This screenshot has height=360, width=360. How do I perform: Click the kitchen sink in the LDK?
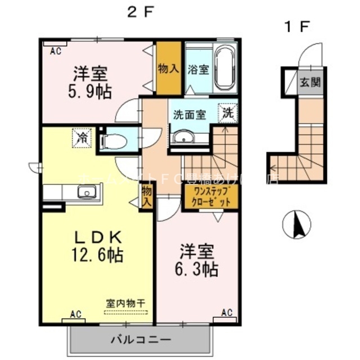pyautogui.click(x=87, y=193)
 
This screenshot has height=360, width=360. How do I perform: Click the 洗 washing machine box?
pyautogui.click(x=229, y=111)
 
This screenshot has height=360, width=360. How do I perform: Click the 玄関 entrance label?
pyautogui.click(x=309, y=83)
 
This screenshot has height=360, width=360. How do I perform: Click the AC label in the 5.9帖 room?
pyautogui.click(x=55, y=51)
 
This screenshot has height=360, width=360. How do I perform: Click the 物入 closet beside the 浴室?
pyautogui.click(x=169, y=69)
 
